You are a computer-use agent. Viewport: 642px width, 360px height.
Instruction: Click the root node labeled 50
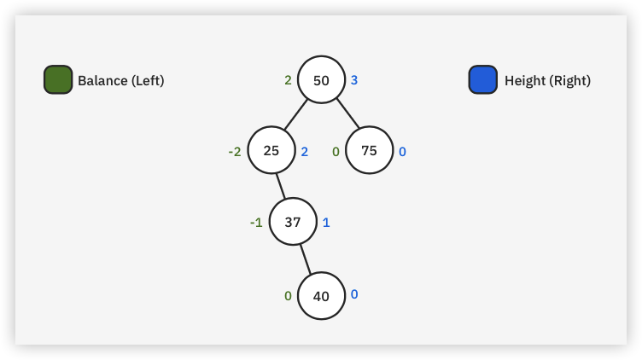pyautogui.click(x=321, y=80)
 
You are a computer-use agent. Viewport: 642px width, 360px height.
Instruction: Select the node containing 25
pyautogui.click(x=271, y=150)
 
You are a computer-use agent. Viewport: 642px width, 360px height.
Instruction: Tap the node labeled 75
pyautogui.click(x=370, y=150)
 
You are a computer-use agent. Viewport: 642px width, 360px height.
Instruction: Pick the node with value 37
pyautogui.click(x=293, y=222)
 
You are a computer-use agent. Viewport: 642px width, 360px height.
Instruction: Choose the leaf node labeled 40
pyautogui.click(x=321, y=296)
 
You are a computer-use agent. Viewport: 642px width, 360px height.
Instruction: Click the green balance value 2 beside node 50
pyautogui.click(x=289, y=80)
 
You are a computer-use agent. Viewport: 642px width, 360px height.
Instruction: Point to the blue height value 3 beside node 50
pyautogui.click(x=354, y=80)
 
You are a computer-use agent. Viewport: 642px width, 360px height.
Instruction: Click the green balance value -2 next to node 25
pyautogui.click(x=235, y=152)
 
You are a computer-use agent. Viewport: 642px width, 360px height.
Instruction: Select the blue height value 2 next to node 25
pyautogui.click(x=304, y=152)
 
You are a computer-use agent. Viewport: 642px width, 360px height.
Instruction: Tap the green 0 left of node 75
pyautogui.click(x=336, y=152)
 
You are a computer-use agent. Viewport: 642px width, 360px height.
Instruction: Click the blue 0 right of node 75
pyautogui.click(x=402, y=152)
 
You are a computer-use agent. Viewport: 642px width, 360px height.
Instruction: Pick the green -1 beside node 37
pyautogui.click(x=256, y=223)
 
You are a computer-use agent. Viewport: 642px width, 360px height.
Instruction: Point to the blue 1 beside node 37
pyautogui.click(x=326, y=223)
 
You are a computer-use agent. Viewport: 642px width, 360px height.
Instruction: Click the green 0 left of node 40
pyautogui.click(x=289, y=296)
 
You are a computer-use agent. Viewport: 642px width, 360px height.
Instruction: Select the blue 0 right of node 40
pyautogui.click(x=354, y=294)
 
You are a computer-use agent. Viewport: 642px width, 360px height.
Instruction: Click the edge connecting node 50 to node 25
pyautogui.click(x=295, y=115)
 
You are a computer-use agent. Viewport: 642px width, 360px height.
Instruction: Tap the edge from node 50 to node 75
pyautogui.click(x=347, y=113)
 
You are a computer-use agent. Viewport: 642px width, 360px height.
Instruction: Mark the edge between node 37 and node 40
pyautogui.click(x=305, y=259)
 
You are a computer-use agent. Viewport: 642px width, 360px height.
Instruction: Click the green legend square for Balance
pyautogui.click(x=58, y=79)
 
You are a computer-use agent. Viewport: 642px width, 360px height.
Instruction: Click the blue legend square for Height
pyautogui.click(x=483, y=79)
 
